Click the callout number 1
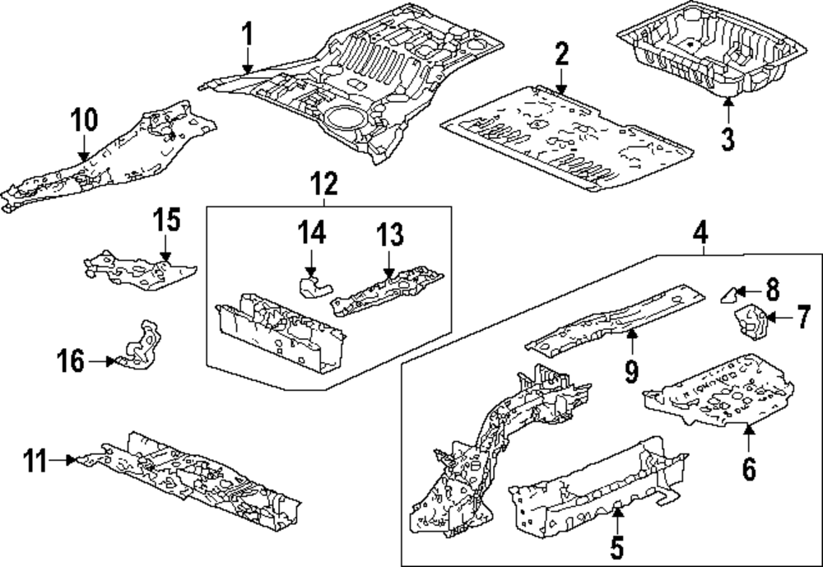point(247,35)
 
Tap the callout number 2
point(561,56)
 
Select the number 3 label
point(727,137)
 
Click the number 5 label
point(618,546)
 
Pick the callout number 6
point(748,468)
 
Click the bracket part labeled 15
point(140,269)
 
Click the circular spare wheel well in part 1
point(346,116)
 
